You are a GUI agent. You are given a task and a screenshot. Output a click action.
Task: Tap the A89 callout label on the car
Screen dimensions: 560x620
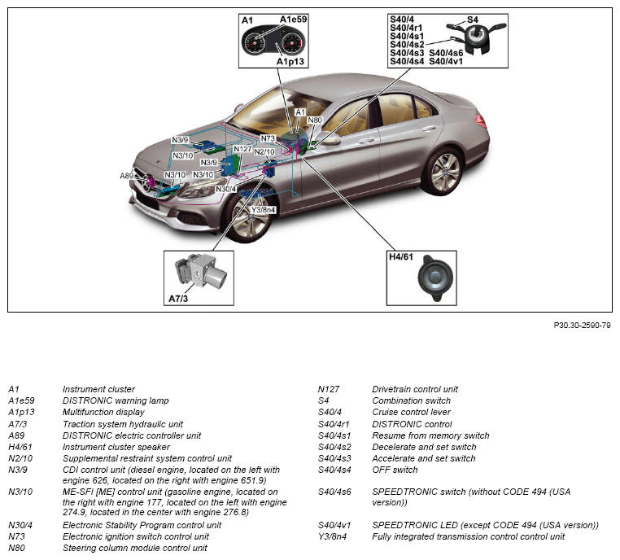pos(127,176)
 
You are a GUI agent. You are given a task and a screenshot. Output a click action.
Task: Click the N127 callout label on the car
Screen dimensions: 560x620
pos(243,149)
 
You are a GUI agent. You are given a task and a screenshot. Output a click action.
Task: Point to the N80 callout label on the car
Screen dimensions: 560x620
pos(314,120)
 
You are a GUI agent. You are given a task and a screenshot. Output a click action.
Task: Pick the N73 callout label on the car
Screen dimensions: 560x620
pos(269,138)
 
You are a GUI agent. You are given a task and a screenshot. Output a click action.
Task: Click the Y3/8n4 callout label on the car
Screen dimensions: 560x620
pos(263,208)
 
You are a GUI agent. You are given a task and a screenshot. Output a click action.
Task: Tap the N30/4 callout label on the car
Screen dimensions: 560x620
pos(226,190)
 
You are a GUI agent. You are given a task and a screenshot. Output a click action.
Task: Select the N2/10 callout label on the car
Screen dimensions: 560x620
pos(264,151)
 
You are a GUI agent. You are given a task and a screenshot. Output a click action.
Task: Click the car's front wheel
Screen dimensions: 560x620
pos(248,216)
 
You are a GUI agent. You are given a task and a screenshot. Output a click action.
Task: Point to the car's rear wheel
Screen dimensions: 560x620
pos(444,171)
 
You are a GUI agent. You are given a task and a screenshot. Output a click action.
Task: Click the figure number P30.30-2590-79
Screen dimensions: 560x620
pos(582,325)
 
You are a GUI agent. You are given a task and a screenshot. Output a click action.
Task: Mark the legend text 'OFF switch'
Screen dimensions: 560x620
pos(395,470)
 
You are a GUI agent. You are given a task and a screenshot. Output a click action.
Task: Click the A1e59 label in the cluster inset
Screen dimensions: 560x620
pos(294,19)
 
